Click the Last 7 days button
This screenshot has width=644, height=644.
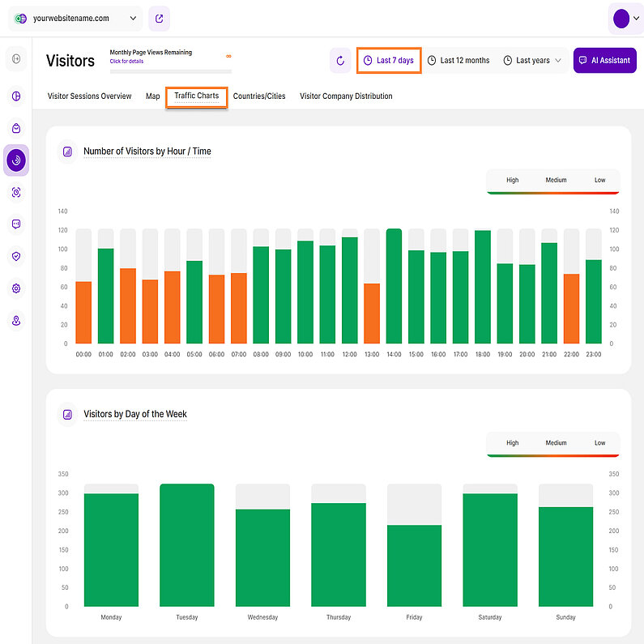click(x=389, y=61)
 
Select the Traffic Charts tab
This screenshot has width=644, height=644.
click(x=196, y=96)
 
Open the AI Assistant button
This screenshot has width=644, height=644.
click(x=604, y=61)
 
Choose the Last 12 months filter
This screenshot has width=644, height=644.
click(x=458, y=61)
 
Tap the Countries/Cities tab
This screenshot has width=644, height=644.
click(x=259, y=96)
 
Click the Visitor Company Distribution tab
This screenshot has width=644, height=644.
click(x=346, y=96)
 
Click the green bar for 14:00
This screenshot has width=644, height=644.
click(x=394, y=287)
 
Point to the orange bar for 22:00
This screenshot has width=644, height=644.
click(x=571, y=309)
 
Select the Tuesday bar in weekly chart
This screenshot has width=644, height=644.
click(x=186, y=545)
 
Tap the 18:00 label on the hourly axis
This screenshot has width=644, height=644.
click(x=483, y=354)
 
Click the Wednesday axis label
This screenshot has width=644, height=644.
click(x=262, y=617)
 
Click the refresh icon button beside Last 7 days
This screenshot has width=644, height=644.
click(x=340, y=61)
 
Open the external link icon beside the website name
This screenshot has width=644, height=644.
click(x=159, y=19)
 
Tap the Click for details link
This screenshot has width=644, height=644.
click(x=126, y=62)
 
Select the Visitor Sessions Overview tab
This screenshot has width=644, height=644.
click(x=89, y=96)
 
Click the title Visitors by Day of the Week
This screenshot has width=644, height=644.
click(x=135, y=414)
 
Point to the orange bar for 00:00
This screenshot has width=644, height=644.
click(x=83, y=313)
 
